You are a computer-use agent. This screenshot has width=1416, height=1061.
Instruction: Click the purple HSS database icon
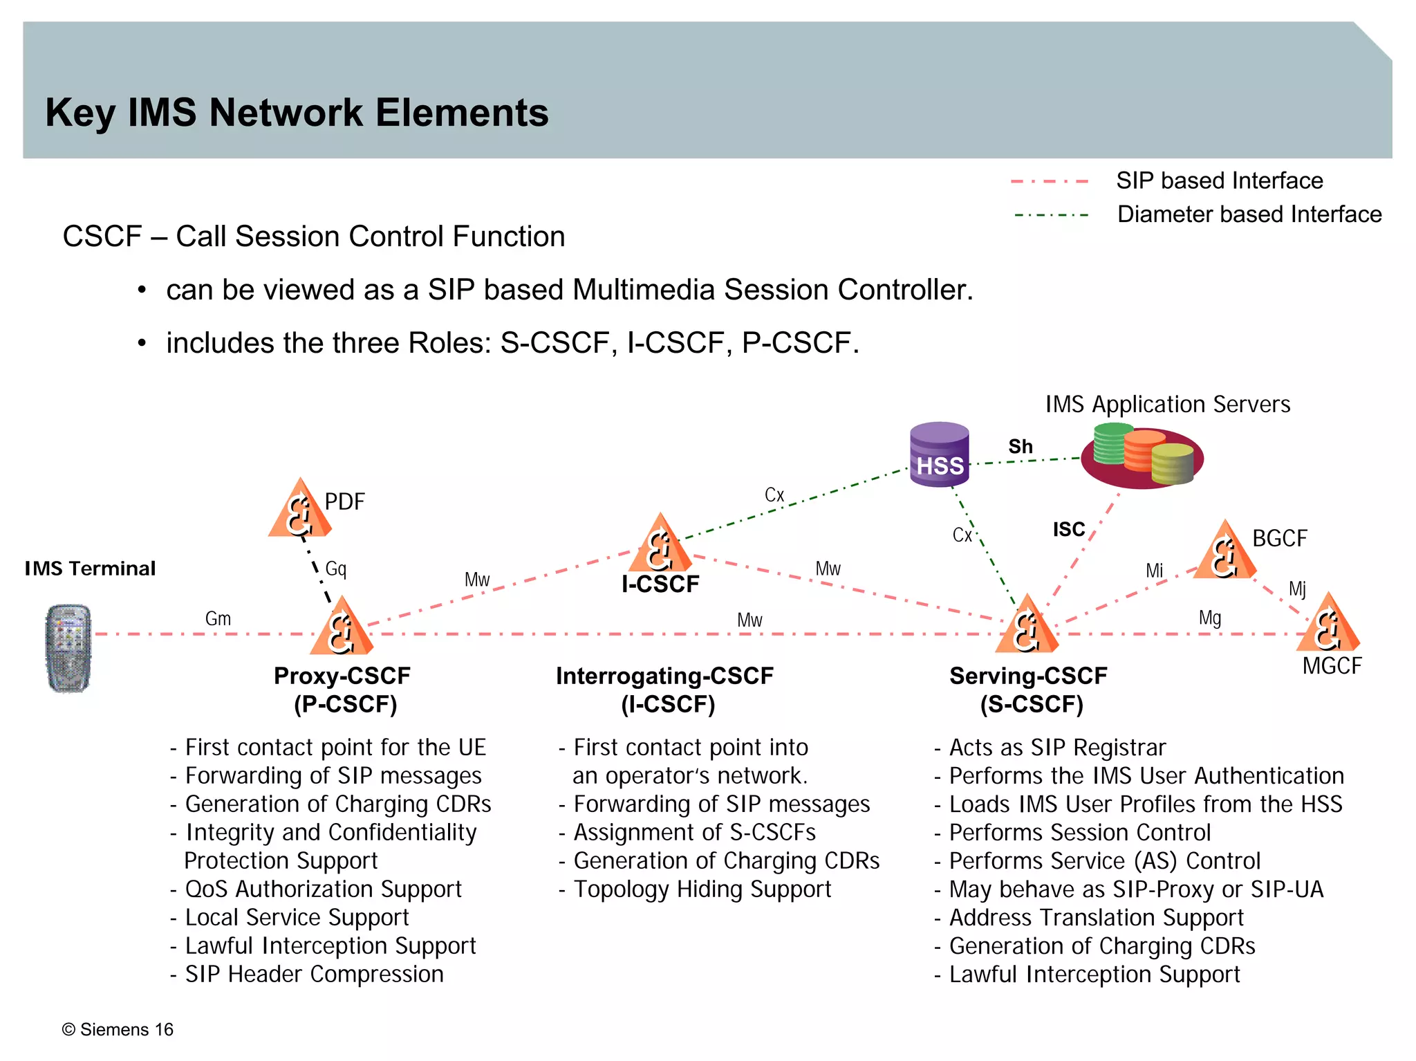point(939,454)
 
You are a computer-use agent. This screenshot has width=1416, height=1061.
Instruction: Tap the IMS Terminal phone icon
point(68,648)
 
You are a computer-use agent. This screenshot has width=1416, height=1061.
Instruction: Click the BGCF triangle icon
point(1224,552)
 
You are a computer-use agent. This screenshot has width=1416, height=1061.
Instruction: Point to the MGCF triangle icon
point(1327,625)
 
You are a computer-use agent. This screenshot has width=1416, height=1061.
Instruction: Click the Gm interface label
point(218,618)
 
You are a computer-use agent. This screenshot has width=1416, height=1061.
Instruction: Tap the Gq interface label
point(336,569)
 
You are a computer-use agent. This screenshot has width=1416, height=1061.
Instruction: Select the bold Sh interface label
point(1020,447)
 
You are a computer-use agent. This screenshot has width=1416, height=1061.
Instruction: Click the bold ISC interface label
point(1068,530)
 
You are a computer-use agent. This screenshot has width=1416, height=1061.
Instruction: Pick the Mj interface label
point(1297,589)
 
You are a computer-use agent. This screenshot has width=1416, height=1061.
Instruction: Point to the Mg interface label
point(1209,618)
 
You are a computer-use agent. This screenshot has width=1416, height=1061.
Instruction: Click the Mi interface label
point(1154,571)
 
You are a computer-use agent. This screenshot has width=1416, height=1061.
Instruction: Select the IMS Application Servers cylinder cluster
point(1143,456)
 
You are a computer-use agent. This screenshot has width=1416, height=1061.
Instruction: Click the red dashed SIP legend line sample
point(1050,181)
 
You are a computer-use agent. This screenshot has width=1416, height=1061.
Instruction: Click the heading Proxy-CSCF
point(342,676)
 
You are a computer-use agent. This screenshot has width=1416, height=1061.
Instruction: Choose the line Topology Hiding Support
point(702,889)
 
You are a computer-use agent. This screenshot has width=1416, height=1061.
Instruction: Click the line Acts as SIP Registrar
point(1056,748)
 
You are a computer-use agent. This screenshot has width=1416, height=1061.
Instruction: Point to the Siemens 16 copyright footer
point(118,1030)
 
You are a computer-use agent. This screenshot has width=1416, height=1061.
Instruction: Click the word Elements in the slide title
point(462,113)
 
